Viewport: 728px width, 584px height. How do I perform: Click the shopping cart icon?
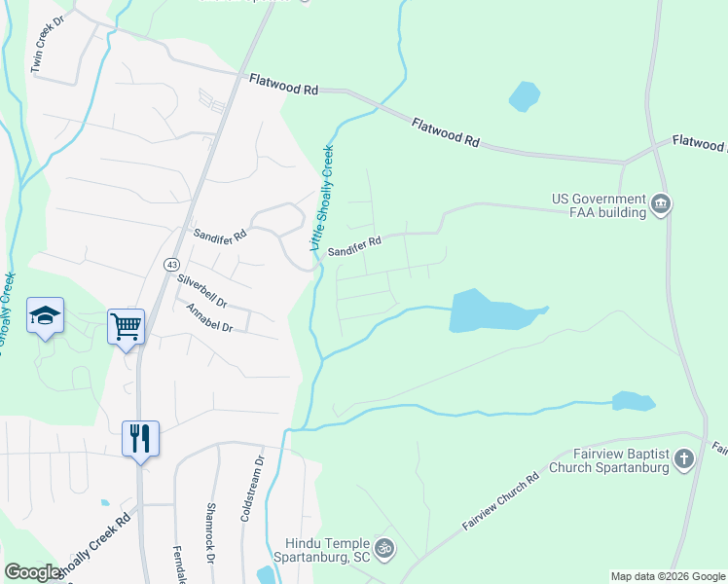[x=127, y=326]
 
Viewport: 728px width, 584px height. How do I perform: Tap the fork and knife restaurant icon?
[x=140, y=437]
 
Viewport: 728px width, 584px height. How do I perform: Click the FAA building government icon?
[x=662, y=204]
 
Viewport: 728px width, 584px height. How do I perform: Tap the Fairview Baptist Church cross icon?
[x=684, y=458]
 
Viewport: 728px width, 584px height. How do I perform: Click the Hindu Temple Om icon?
[x=384, y=550]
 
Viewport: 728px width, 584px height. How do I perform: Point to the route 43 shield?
[x=171, y=265]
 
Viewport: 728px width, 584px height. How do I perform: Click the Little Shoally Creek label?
[x=322, y=199]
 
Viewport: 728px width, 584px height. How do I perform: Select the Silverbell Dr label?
[x=201, y=290]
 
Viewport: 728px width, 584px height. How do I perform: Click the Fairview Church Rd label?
[x=500, y=502]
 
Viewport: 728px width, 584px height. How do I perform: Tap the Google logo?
[x=33, y=572]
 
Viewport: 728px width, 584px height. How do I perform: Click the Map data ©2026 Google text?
[x=667, y=576]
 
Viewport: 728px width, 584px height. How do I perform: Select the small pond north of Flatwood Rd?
[x=524, y=95]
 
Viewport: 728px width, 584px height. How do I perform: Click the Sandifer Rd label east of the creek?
[x=353, y=246]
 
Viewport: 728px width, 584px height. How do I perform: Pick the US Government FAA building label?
[x=599, y=205]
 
